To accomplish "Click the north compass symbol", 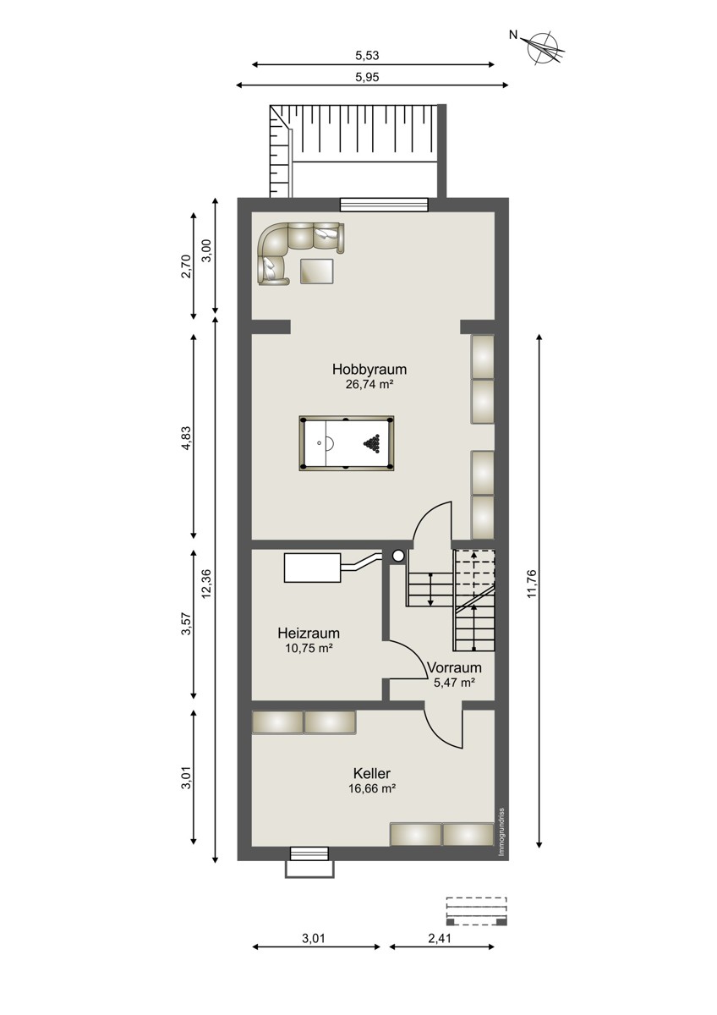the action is click(545, 48).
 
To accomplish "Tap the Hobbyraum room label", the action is click(369, 370).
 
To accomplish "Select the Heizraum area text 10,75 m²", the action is click(309, 648).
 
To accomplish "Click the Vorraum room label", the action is click(454, 667).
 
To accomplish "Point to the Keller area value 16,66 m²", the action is click(372, 788).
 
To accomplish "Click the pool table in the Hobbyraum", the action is click(346, 443).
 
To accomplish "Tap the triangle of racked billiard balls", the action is click(372, 442).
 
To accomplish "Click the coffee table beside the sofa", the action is click(316, 271).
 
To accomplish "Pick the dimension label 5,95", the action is click(367, 77).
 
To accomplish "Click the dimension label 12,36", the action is click(206, 584).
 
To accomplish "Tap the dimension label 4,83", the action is click(186, 438).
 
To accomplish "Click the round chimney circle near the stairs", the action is click(398, 556).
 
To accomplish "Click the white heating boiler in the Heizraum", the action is click(312, 567).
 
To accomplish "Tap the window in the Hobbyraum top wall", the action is click(384, 205).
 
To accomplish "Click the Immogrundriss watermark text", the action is click(501, 832).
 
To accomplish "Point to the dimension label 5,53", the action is click(367, 55).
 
